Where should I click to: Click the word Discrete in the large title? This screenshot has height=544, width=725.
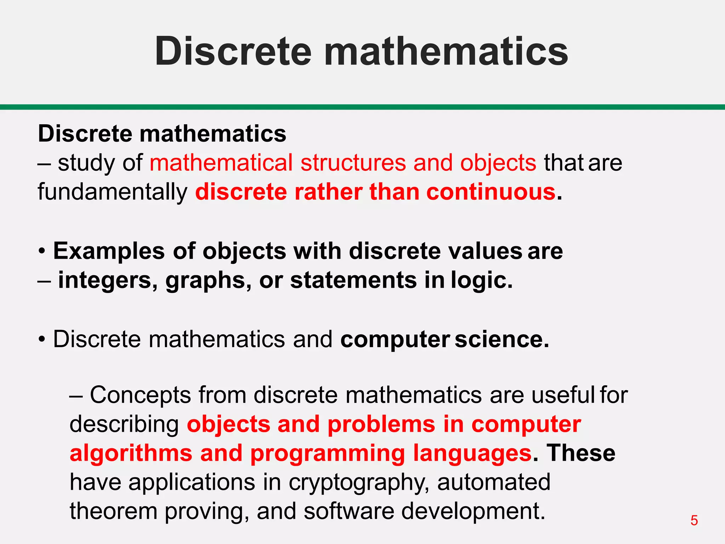233,52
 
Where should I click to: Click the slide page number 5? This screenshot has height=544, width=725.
694,520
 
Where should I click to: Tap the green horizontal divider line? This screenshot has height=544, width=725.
362,107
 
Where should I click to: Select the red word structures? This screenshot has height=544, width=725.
353,163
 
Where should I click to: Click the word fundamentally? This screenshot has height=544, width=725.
113,192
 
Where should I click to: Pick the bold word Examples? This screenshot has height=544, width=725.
109,251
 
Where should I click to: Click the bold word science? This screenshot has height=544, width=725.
502,339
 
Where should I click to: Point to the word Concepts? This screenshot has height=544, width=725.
140,395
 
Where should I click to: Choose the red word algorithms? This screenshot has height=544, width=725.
131,453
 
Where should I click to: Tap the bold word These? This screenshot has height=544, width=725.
581,453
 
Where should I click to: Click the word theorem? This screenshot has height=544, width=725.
113,511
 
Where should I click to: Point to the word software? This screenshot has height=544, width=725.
349,511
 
